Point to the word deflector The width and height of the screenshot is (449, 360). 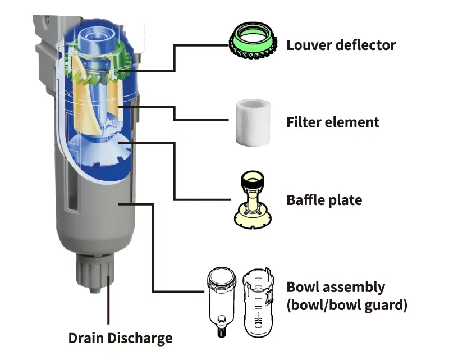click(x=365, y=45)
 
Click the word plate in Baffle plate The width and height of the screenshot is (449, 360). click(x=346, y=200)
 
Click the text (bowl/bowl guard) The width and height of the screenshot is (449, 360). click(x=346, y=306)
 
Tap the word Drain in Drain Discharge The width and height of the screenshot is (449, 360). click(x=87, y=338)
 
